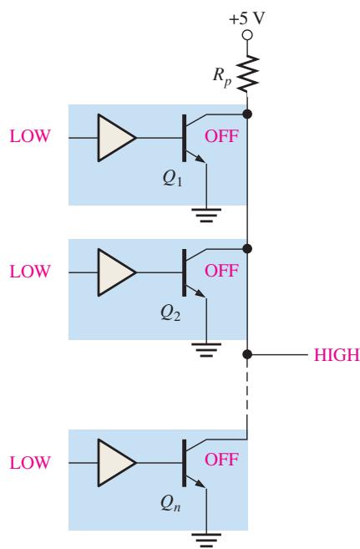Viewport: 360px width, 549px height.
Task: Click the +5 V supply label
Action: click(x=246, y=18)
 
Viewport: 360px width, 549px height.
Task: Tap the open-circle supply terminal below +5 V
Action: click(x=247, y=35)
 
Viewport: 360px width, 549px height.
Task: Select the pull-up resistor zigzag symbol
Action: click(x=247, y=73)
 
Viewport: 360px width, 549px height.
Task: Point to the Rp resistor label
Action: click(x=222, y=76)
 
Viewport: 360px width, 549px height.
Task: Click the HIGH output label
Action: click(x=337, y=354)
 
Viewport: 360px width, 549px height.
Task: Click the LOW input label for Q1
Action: click(x=30, y=136)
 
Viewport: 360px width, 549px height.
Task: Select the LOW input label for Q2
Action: click(x=30, y=272)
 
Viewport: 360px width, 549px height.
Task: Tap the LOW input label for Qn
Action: click(x=30, y=462)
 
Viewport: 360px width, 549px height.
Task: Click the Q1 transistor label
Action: click(x=172, y=179)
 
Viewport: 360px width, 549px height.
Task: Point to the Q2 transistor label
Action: click(x=170, y=313)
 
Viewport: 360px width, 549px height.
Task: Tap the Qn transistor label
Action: click(x=170, y=504)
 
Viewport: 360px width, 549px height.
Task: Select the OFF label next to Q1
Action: click(x=221, y=136)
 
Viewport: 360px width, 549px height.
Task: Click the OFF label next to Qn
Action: click(x=221, y=460)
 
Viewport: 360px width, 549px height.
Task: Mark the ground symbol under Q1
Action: click(x=206, y=215)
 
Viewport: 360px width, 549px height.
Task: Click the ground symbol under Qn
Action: click(x=206, y=541)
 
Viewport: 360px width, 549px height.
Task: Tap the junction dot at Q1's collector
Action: click(x=247, y=114)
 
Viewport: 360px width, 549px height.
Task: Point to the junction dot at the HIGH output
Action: click(x=247, y=354)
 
